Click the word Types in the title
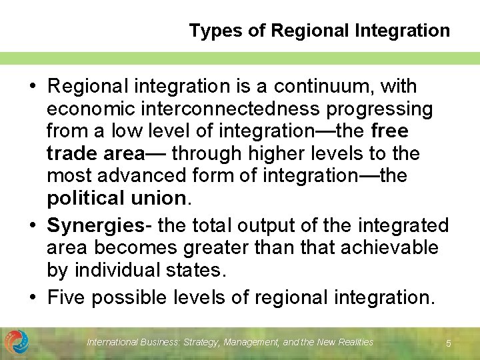click(x=208, y=31)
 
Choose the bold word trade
click(x=72, y=154)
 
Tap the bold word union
click(x=157, y=199)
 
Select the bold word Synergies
click(x=96, y=226)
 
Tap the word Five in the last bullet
click(x=67, y=297)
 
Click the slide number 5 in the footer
click(x=449, y=343)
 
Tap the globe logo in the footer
click(x=16, y=342)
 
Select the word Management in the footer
click(x=251, y=342)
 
